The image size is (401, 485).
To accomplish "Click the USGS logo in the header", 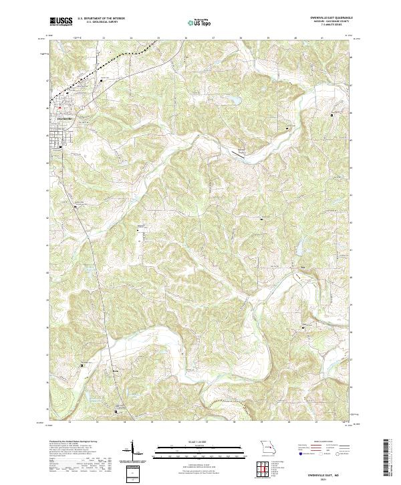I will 61,21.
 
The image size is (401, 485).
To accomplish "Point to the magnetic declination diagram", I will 132,452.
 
